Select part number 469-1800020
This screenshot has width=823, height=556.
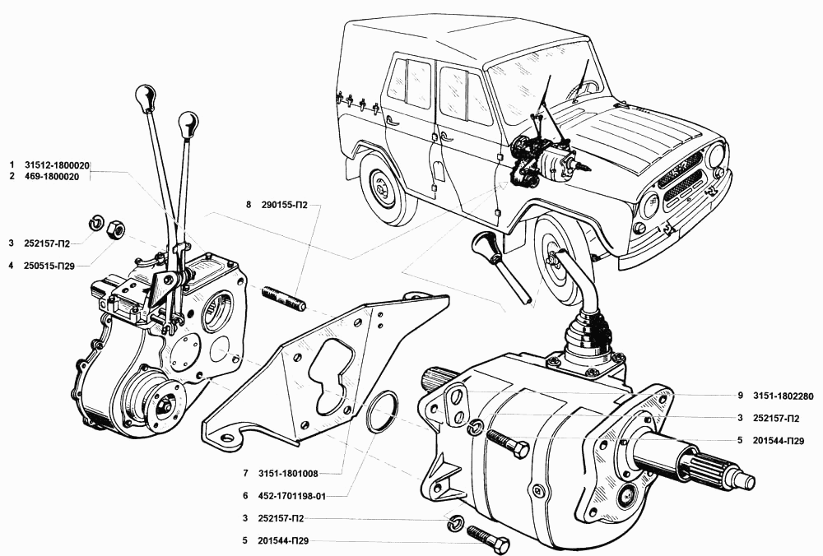56,176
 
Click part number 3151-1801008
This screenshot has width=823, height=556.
286,474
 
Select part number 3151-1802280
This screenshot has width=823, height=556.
785,395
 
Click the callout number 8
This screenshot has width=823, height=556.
247,205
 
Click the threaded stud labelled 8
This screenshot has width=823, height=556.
284,299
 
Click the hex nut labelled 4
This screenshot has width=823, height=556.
117,229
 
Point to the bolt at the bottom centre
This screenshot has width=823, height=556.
488,539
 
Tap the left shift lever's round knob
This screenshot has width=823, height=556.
146,96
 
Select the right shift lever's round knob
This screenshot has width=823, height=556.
188,126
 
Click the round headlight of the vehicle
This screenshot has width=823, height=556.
715,155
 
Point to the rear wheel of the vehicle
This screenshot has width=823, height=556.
384,190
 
